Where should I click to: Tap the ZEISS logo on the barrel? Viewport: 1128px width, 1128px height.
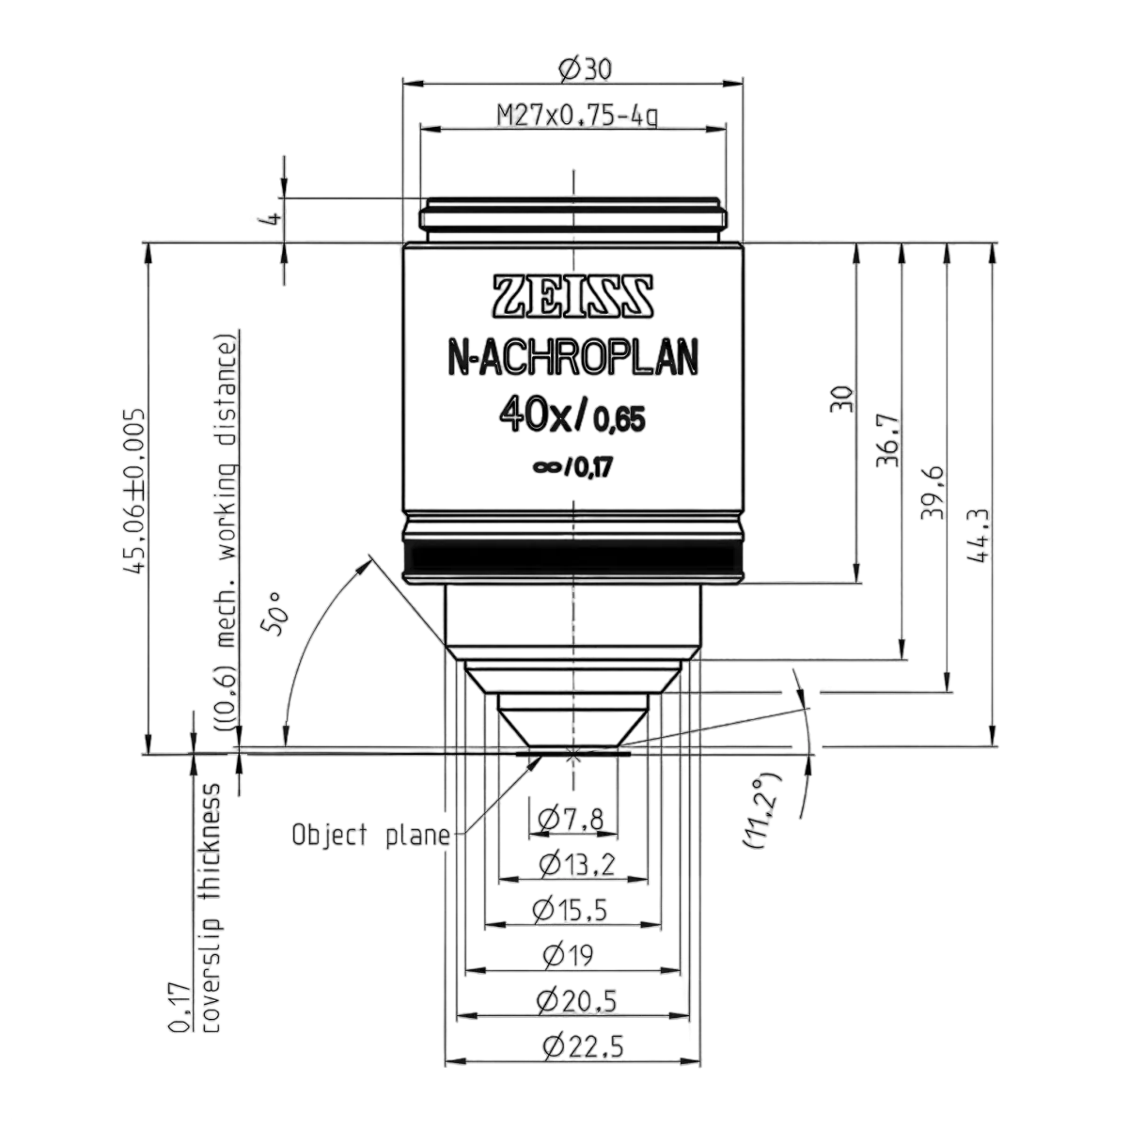pos(573,298)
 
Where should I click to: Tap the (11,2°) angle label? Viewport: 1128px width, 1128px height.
pos(761,809)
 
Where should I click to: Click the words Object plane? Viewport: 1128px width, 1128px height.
pos(371,836)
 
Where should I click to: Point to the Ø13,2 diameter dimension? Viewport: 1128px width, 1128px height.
pos(577,865)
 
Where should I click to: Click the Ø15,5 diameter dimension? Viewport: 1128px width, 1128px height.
pos(571,910)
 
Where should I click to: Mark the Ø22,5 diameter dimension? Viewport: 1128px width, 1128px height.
pos(583,1046)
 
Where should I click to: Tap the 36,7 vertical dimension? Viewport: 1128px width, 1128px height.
pos(889,442)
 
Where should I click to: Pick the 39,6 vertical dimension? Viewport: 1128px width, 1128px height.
pos(934,492)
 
